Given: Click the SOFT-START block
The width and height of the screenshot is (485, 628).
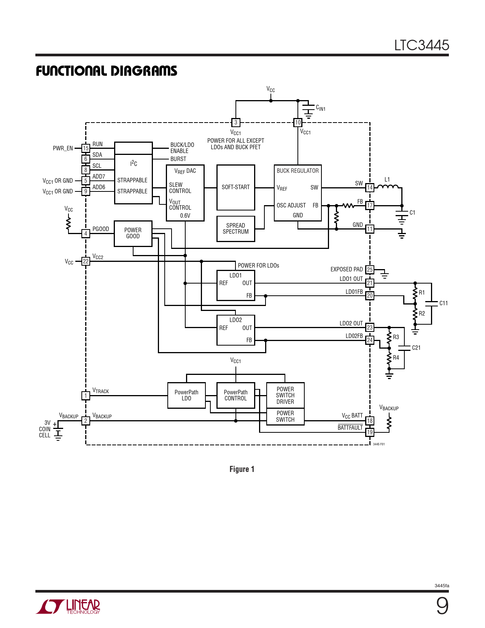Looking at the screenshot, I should [235, 187].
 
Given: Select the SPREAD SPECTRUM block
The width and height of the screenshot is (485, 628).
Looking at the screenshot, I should [235, 229].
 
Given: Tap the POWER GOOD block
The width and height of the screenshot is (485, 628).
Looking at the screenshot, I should [133, 233].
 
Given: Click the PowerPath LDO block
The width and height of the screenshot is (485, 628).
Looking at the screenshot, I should [186, 395].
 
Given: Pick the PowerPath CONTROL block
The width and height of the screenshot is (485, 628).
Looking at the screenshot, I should [235, 395].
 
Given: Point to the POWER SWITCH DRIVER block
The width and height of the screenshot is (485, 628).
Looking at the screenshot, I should [285, 395].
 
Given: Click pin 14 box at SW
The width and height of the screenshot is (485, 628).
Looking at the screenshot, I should [370, 188].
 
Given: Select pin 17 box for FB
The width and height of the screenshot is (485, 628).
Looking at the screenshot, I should [370, 206].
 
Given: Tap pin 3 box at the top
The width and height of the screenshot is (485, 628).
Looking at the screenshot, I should [236, 123].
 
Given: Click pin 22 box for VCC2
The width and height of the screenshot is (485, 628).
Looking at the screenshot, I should [86, 261].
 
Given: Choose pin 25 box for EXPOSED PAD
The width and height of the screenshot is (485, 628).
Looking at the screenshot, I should [370, 270].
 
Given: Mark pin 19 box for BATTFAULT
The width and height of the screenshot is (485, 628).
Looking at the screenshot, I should [370, 432].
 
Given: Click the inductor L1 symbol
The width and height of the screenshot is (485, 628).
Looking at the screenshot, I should [388, 186].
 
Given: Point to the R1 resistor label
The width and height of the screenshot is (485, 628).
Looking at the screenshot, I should [422, 293].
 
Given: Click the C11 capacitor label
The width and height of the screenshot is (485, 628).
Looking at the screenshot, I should [444, 303].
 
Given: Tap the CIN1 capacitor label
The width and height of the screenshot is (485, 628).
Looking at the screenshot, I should [321, 108].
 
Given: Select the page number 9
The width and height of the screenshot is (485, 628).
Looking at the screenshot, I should [442, 606].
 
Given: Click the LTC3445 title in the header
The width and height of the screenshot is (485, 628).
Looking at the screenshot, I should [421, 45].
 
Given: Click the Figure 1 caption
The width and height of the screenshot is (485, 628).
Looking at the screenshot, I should [242, 469].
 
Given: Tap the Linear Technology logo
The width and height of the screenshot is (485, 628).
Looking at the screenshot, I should [68, 606].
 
